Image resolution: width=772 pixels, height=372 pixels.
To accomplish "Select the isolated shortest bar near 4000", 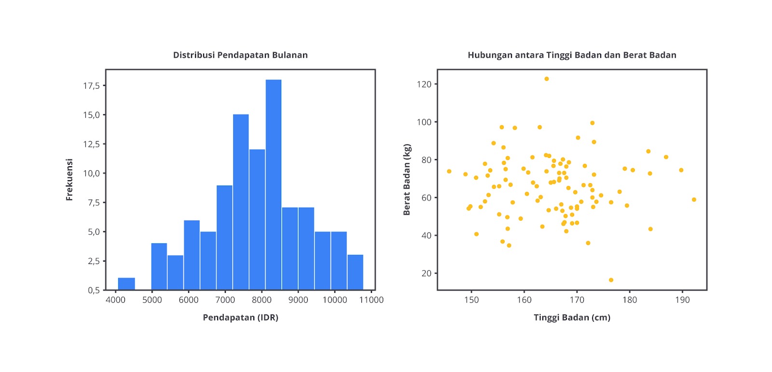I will (x=126, y=284).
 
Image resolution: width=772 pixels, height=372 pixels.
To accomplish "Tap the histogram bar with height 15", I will (x=241, y=202).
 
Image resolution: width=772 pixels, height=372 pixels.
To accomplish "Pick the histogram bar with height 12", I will (x=257, y=219).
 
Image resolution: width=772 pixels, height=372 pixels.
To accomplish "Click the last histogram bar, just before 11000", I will (x=355, y=272).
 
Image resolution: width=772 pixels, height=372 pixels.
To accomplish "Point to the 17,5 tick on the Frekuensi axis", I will (x=91, y=86).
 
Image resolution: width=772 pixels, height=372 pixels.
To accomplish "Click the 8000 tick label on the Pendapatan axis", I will (x=262, y=300).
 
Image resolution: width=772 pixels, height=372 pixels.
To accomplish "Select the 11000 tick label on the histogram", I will (x=371, y=300).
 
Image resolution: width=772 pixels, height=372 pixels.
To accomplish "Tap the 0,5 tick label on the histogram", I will (x=94, y=290).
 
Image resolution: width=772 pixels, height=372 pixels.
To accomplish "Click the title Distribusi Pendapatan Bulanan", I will (x=240, y=55).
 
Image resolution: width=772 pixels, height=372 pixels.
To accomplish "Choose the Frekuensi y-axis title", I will (x=69, y=180).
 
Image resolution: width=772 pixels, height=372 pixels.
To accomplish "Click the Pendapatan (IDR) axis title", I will (x=240, y=318).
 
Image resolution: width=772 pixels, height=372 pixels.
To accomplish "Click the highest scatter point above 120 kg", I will (x=546, y=79).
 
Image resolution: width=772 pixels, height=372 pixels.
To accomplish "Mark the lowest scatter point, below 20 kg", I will (x=611, y=280).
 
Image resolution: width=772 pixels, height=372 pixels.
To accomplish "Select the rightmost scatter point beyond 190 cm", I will (x=694, y=199).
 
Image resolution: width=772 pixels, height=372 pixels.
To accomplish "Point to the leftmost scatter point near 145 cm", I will (x=449, y=172).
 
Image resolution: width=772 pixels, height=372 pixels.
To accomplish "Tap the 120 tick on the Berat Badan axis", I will (x=424, y=84).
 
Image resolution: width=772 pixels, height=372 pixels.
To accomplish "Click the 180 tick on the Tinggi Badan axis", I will (x=629, y=300).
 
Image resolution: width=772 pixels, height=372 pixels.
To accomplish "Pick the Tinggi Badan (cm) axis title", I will (x=572, y=318).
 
